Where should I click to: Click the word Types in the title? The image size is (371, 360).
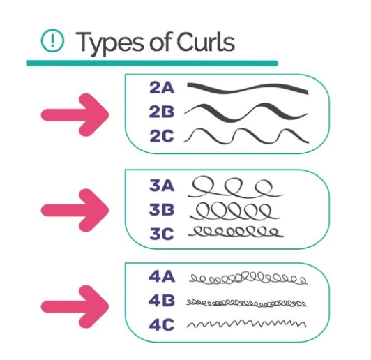(109, 43)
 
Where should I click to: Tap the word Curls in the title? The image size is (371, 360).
(205, 42)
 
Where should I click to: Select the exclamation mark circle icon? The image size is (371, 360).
(52, 40)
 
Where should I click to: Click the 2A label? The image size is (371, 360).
(162, 88)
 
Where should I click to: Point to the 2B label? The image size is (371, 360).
(162, 112)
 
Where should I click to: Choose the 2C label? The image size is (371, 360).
(162, 136)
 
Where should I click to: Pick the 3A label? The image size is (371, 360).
(162, 185)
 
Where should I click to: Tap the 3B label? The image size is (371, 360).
(162, 209)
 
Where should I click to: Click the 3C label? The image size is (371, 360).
(162, 234)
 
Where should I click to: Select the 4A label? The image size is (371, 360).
(162, 276)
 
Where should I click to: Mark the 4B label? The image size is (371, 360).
(162, 301)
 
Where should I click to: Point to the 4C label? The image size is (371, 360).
(162, 324)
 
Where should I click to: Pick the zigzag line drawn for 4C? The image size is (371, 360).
(246, 323)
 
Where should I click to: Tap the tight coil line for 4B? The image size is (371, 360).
(246, 303)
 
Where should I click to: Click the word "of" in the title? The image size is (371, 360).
(160, 42)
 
